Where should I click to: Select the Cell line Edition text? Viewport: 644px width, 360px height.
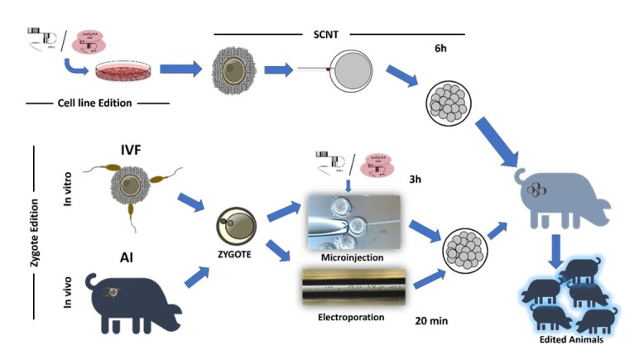pyautogui.click(x=98, y=103)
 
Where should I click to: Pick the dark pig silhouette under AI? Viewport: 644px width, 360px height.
pyautogui.click(x=132, y=299)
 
